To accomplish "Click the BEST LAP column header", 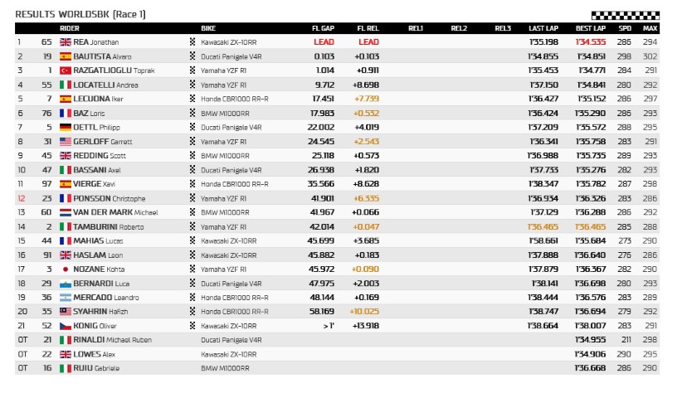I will (589, 28).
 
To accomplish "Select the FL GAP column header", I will (324, 28).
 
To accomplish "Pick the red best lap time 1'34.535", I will (590, 42).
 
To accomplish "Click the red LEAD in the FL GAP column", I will (324, 42).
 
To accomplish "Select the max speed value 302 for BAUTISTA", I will (650, 56).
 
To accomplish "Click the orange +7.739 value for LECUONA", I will (367, 99).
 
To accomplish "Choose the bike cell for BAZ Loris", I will (224, 113).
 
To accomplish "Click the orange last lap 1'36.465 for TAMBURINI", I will (543, 226).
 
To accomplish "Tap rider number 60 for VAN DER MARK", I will (46, 212).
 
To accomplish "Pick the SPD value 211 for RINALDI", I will (624, 340).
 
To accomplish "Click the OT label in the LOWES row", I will (22, 354).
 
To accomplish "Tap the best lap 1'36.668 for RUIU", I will (590, 368).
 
